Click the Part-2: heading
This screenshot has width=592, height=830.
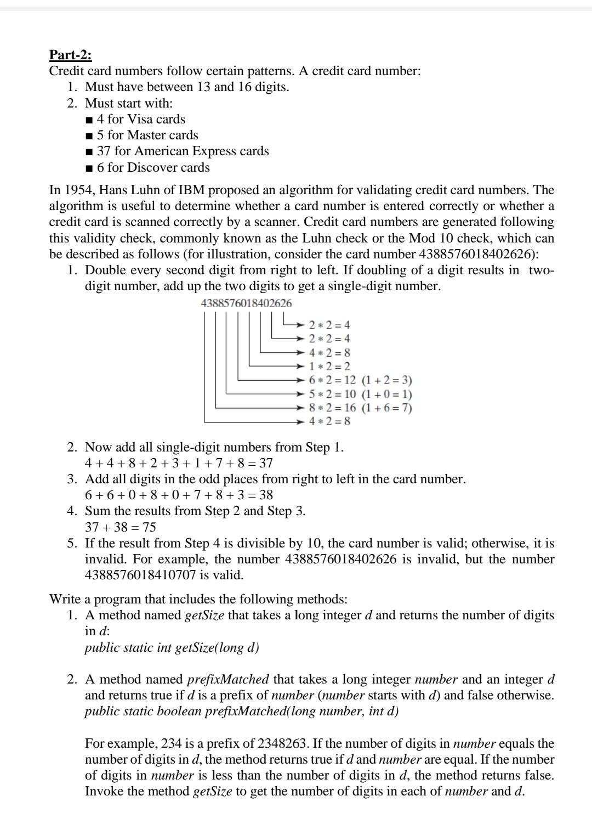tap(71, 55)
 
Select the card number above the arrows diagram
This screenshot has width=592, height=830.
tap(247, 303)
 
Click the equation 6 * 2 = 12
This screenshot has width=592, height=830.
tap(332, 380)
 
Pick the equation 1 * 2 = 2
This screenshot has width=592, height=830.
tap(329, 366)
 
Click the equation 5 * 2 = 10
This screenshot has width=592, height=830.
tap(332, 394)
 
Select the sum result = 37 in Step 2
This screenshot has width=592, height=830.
tap(261, 463)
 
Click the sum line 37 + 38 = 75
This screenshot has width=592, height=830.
tap(121, 527)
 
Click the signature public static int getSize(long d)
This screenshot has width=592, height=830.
tap(172, 647)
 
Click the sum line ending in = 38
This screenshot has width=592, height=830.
tap(179, 495)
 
